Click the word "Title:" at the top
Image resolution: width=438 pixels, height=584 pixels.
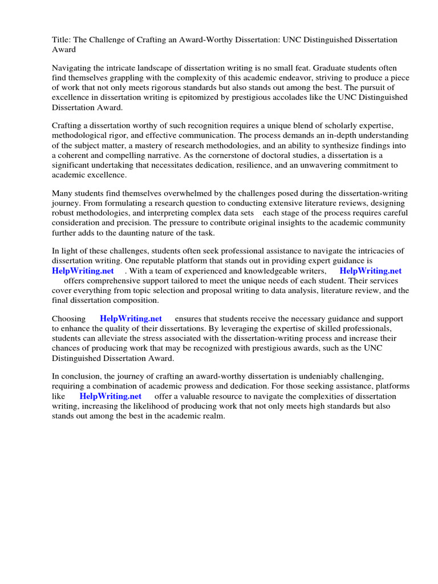pyautogui.click(x=62, y=40)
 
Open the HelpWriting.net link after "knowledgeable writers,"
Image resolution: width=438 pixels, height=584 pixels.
pyautogui.click(x=370, y=271)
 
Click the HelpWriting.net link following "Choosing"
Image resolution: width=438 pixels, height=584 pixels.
pyautogui.click(x=131, y=319)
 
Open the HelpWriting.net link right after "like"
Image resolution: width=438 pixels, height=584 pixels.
pyautogui.click(x=110, y=396)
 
